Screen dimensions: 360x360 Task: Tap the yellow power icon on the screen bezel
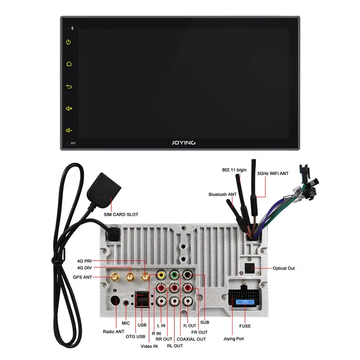(68, 42)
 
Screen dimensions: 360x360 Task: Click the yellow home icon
(69, 64)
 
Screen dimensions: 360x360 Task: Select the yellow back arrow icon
(69, 86)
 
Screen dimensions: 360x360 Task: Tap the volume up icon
(69, 108)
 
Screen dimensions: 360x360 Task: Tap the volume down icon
(69, 130)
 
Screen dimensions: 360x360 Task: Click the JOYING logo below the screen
(183, 143)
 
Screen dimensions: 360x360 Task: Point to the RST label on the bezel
(73, 143)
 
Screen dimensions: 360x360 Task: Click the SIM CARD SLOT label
(121, 215)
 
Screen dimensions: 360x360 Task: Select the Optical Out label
(284, 268)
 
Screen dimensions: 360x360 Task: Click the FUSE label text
(244, 326)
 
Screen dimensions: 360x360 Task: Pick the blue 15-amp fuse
(244, 302)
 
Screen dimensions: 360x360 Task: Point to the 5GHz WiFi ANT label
(273, 174)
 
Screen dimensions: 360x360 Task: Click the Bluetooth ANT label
(222, 194)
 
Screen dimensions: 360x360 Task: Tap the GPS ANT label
(82, 277)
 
